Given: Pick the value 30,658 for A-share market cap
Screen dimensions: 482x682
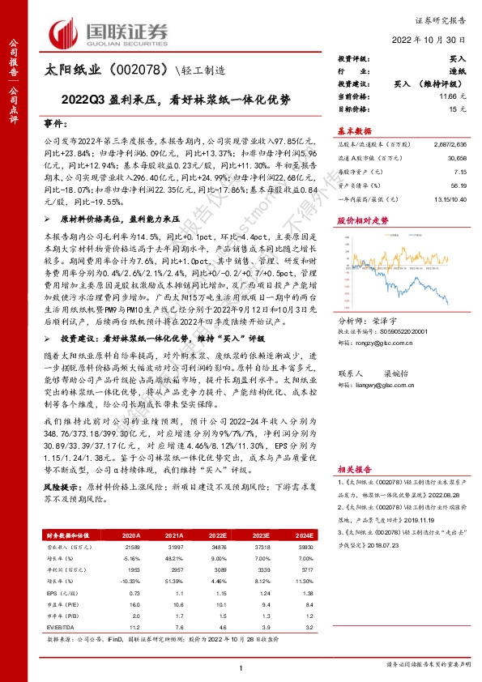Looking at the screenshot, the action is click(456, 160).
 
